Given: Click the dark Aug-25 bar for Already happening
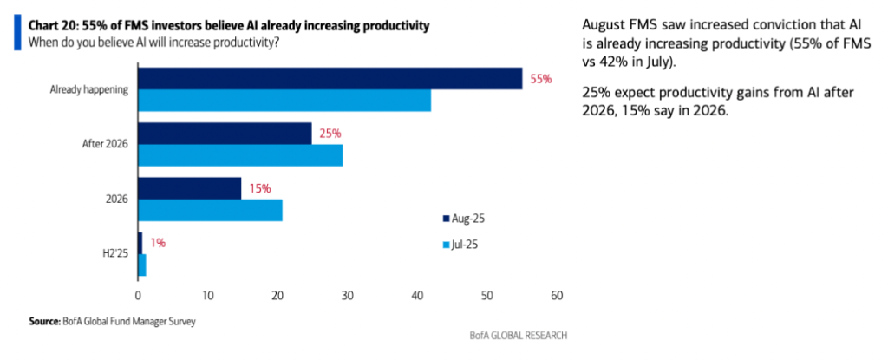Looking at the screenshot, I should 330,79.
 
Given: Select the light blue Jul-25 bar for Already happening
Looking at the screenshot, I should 284,101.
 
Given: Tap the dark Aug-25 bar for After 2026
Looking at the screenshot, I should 225,134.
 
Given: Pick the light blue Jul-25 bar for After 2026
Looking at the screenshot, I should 240,155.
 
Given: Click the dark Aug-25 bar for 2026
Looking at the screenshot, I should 190,188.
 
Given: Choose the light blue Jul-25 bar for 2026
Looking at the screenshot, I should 210,210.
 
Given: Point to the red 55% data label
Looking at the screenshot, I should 541,79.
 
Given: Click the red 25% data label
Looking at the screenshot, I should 330,134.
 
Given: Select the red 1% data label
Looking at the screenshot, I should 157,243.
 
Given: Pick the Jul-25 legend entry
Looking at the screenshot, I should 467,245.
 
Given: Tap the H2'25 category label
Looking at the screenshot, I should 115,253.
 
